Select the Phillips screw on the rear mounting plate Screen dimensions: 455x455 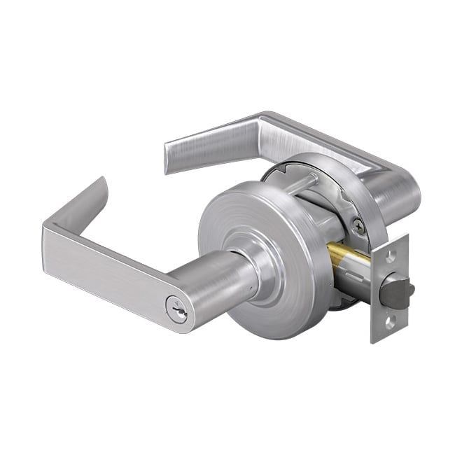tap(359, 225)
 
